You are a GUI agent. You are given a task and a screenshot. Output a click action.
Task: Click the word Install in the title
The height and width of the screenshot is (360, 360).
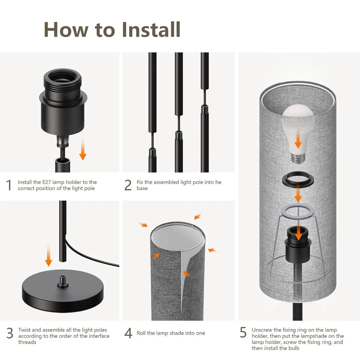tap(152, 30)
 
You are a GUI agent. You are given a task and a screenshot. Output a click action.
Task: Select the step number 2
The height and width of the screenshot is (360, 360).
tap(128, 185)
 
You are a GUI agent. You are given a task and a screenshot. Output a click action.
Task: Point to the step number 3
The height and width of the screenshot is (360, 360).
tap(10, 333)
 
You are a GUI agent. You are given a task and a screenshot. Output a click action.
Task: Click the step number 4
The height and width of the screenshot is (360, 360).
tap(128, 333)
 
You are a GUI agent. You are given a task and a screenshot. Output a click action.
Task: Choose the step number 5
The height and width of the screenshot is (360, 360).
tap(243, 333)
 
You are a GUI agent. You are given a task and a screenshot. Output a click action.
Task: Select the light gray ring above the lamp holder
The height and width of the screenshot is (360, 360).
tap(298, 212)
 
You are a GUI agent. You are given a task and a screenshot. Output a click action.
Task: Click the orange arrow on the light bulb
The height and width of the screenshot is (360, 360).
tap(298, 141)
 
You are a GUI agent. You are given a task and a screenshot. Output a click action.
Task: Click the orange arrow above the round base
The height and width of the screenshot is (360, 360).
tap(49, 255)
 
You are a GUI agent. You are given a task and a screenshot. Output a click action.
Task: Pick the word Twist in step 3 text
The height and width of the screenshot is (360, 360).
tap(24, 330)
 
